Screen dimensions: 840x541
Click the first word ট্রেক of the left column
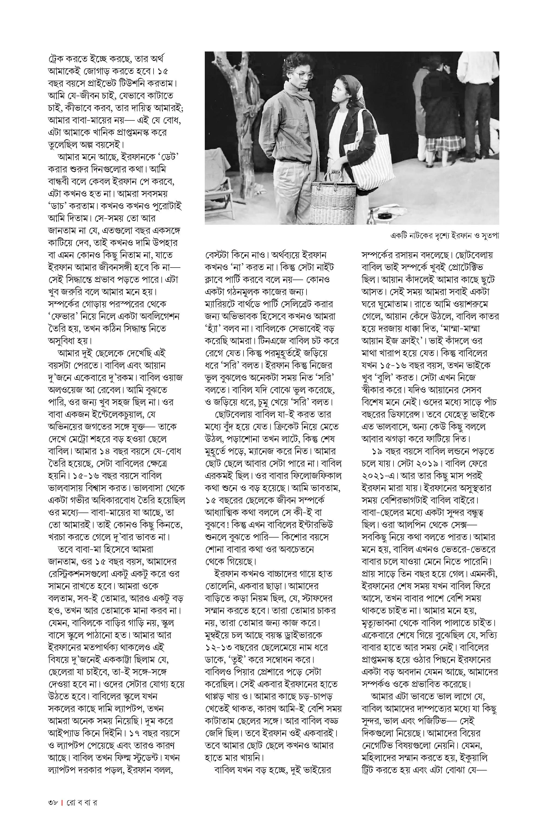56,59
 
